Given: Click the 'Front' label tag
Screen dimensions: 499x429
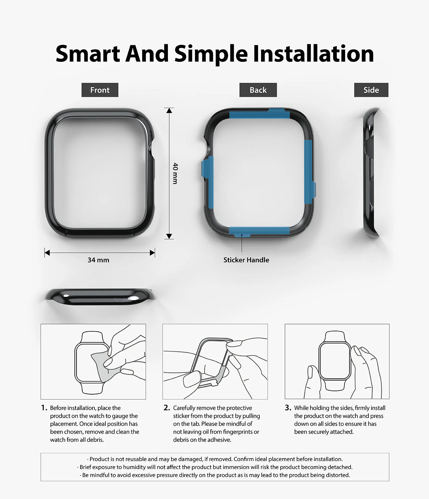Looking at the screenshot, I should [x=100, y=90].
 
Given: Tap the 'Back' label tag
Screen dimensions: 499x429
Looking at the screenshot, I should [x=258, y=90].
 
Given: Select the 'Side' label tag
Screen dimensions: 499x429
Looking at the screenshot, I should [x=371, y=90].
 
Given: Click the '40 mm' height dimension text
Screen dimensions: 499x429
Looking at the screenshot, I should [x=175, y=173].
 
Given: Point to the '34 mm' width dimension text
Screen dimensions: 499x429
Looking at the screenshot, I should [x=98, y=260].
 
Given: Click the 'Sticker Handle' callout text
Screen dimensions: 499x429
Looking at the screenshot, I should [x=246, y=260].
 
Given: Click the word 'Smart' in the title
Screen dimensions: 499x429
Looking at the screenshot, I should [x=88, y=54].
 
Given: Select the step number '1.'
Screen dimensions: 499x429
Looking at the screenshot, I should [x=44, y=408].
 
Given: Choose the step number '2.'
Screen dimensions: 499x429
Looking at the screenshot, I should [x=167, y=408].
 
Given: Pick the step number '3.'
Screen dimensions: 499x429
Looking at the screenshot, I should [x=288, y=408].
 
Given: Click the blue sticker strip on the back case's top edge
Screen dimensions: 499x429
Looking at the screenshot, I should [x=259, y=114].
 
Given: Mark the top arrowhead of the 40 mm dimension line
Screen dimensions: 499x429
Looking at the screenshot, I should [x=169, y=110].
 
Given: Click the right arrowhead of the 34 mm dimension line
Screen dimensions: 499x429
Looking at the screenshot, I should [x=152, y=253].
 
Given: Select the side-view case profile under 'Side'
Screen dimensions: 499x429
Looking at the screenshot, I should [x=370, y=173].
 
